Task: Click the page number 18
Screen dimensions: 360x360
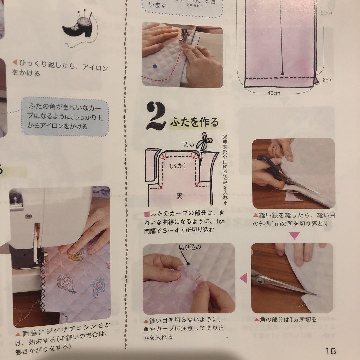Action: coord(331,350)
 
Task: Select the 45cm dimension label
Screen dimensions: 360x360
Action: coord(274,93)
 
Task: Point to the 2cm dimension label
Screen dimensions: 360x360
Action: coord(327,80)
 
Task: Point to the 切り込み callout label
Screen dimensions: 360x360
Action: coord(190,247)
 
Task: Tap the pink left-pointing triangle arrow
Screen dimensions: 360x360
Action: coord(244,278)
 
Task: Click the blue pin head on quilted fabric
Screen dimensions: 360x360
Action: coord(154,67)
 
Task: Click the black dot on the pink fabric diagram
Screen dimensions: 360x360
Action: coord(282,73)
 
